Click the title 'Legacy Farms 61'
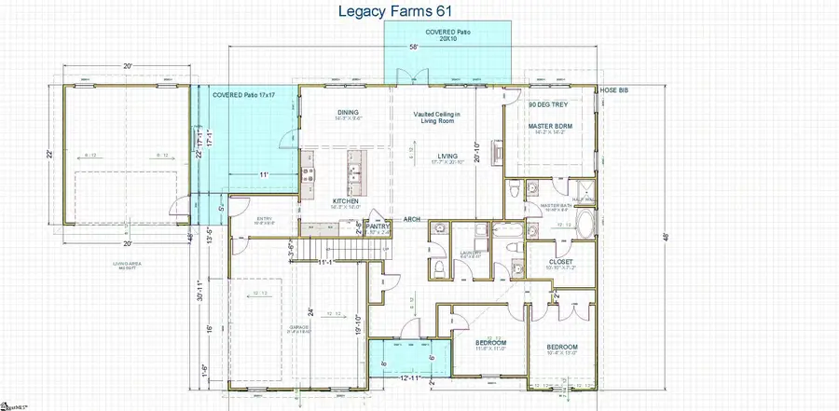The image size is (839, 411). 419,11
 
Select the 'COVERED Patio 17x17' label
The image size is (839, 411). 244,95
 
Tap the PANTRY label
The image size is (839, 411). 378,225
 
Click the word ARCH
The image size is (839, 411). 411,219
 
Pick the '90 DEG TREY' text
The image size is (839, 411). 548,105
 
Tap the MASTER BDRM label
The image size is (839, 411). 550,125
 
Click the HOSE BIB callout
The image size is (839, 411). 613,90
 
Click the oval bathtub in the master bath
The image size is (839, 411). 585,225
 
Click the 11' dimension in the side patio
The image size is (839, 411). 265,174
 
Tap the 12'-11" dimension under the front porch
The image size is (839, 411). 409,377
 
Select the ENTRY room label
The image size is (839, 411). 264,219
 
